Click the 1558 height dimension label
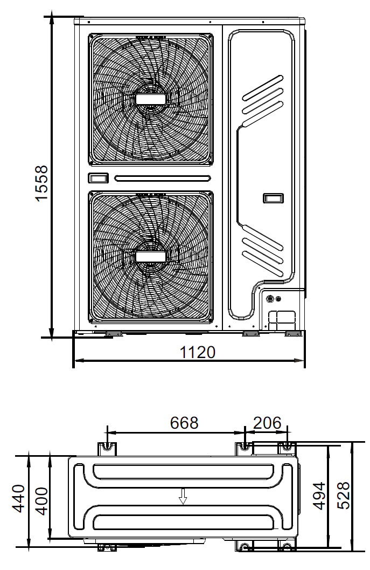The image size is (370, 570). [42, 182]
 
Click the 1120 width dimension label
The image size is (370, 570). [198, 352]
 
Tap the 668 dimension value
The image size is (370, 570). [184, 423]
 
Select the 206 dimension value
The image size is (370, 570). [267, 423]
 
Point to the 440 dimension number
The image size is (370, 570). [19, 498]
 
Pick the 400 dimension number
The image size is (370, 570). [43, 501]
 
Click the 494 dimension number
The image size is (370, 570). [319, 496]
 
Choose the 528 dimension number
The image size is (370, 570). [343, 496]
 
